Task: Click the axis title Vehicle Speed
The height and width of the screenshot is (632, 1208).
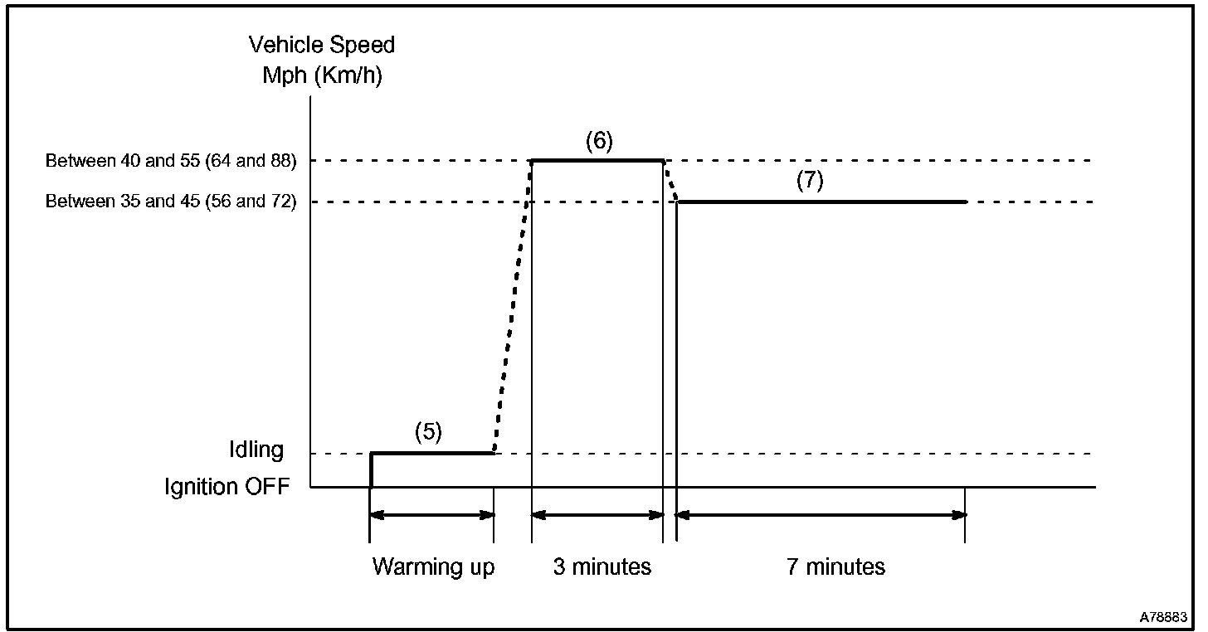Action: pyautogui.click(x=322, y=45)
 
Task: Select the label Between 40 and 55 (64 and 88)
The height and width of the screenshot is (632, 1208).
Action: pyautogui.click(x=171, y=160)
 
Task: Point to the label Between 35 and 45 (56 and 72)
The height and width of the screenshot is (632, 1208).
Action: pyautogui.click(x=171, y=202)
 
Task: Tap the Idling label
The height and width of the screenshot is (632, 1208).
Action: pyautogui.click(x=256, y=450)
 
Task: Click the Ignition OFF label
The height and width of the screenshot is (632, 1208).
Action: pyautogui.click(x=227, y=486)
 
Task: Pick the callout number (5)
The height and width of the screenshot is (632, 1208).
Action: pyautogui.click(x=428, y=431)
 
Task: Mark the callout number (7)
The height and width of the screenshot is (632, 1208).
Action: pyautogui.click(x=809, y=182)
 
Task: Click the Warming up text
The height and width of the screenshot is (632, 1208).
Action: pyautogui.click(x=433, y=567)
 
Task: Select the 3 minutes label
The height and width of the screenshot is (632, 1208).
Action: pyautogui.click(x=602, y=567)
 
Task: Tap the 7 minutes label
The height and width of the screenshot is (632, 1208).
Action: pyautogui.click(x=835, y=567)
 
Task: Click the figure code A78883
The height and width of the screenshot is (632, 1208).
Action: pyautogui.click(x=1163, y=617)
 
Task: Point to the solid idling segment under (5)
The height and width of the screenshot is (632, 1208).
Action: pyautogui.click(x=431, y=453)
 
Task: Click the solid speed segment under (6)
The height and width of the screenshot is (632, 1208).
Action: pyautogui.click(x=597, y=159)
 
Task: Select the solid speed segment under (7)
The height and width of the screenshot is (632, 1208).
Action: pyautogui.click(x=821, y=202)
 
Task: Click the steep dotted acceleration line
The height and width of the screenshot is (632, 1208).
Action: pyautogui.click(x=512, y=307)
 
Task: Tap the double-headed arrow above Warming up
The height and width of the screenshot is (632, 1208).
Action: pyautogui.click(x=431, y=515)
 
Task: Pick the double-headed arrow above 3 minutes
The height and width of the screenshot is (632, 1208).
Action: pyautogui.click(x=597, y=515)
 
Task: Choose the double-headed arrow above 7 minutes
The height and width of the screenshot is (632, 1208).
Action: pyautogui.click(x=821, y=515)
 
